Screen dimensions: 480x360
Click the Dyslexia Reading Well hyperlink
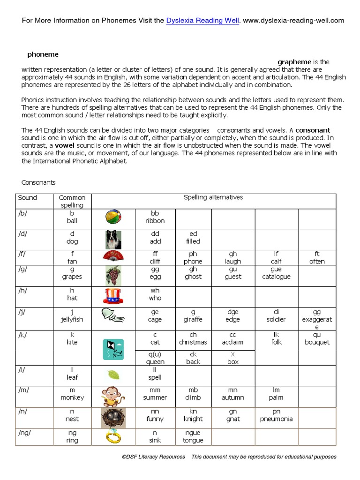click(x=202, y=21)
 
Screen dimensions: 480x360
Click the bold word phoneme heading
click(x=43, y=55)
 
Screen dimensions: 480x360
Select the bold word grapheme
click(x=294, y=62)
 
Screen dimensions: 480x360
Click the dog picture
click(x=113, y=240)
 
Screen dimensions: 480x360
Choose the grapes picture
click(x=113, y=275)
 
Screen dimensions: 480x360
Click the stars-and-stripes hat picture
click(x=113, y=296)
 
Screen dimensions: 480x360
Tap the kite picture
click(x=113, y=349)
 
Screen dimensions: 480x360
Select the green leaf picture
click(x=113, y=375)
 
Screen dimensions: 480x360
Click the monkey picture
click(x=113, y=396)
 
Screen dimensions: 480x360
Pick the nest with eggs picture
click(x=113, y=418)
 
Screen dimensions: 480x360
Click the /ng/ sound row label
click(x=25, y=433)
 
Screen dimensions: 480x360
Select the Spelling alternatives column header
click(x=213, y=197)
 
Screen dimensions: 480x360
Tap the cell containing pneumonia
click(x=277, y=415)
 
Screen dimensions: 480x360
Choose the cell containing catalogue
click(x=276, y=273)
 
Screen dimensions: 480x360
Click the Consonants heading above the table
click(x=38, y=182)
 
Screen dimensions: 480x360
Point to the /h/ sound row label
click(x=22, y=291)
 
